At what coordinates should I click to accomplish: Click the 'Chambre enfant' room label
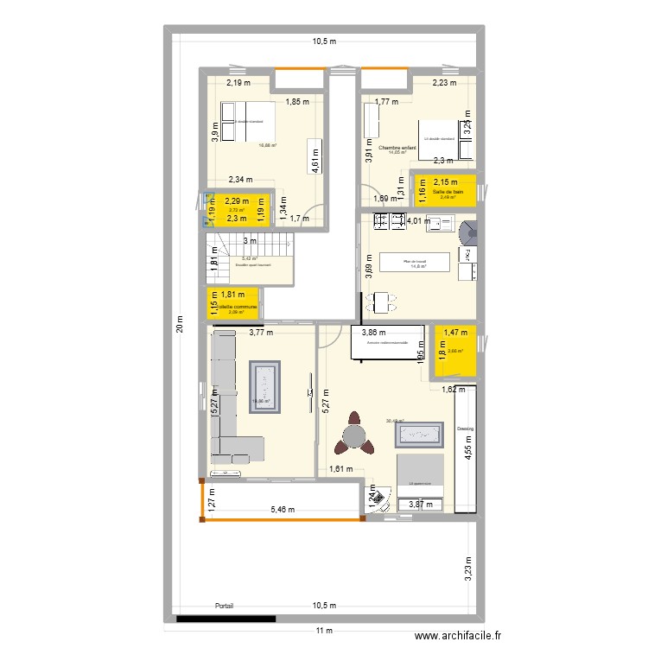397,148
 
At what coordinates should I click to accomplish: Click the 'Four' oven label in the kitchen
466,255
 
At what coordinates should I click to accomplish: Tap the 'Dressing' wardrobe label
466,429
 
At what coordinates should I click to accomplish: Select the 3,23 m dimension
467,569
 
